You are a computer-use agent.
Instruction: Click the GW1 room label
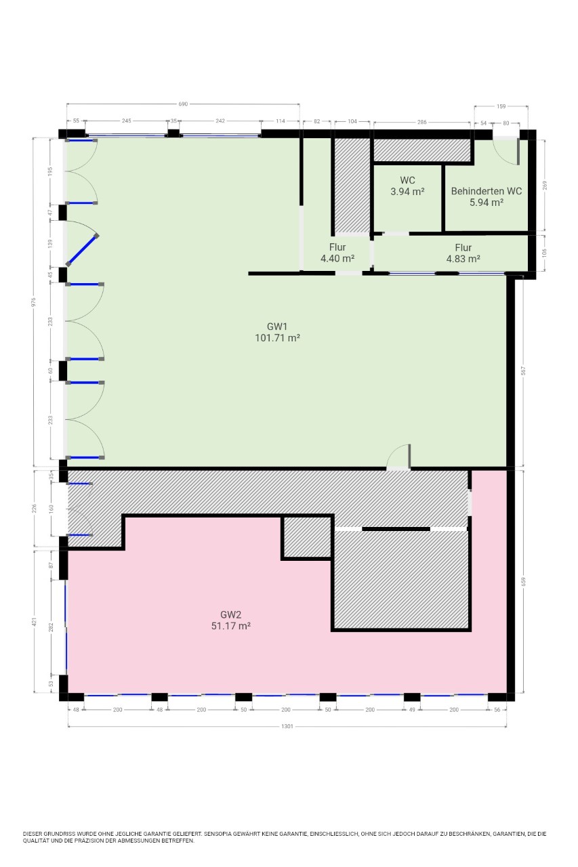[x=277, y=326]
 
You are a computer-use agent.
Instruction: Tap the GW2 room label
[x=231, y=614]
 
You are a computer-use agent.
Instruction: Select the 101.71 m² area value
[x=278, y=338]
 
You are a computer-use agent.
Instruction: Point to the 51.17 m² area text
[x=231, y=626]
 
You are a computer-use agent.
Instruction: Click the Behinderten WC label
[x=487, y=191]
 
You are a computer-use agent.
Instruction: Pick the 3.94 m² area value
[x=407, y=191]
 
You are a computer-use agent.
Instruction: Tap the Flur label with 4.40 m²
[x=337, y=247]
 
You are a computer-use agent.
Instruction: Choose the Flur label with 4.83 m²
[x=463, y=247]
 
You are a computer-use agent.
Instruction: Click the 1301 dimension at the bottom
[x=287, y=727]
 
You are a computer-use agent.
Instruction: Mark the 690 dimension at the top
[x=183, y=104]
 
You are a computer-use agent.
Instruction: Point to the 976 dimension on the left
[x=34, y=302]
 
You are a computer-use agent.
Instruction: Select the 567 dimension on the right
[x=523, y=371]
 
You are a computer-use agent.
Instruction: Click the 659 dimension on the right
[x=523, y=581]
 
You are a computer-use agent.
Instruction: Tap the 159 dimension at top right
[x=501, y=106]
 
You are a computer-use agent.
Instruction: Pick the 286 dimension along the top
[x=421, y=122]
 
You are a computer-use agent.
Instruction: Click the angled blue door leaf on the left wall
[x=82, y=250]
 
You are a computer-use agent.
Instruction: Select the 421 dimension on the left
[x=35, y=622]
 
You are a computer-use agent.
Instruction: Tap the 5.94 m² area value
[x=487, y=203]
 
